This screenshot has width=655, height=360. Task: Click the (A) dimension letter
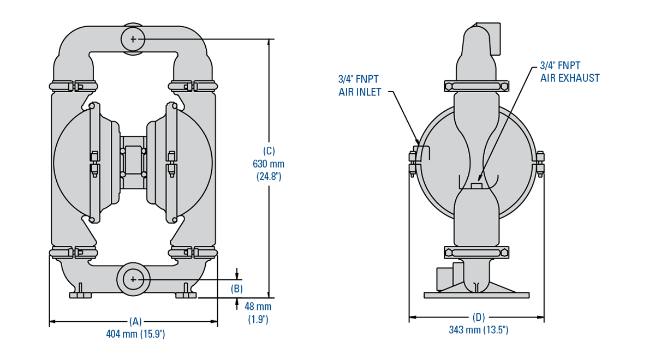tap(135, 321)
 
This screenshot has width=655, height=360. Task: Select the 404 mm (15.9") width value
tap(135, 334)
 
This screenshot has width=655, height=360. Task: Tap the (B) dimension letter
tap(236, 289)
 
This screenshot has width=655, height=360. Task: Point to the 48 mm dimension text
tap(258, 307)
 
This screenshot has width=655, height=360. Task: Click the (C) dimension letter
tap(269, 151)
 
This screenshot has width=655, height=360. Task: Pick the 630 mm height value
tap(269, 164)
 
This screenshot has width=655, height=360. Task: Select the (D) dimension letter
tap(479, 317)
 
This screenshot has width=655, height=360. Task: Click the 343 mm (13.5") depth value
tap(479, 330)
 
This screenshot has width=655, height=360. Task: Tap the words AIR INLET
tap(360, 92)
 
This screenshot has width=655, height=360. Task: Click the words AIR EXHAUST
tap(570, 78)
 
